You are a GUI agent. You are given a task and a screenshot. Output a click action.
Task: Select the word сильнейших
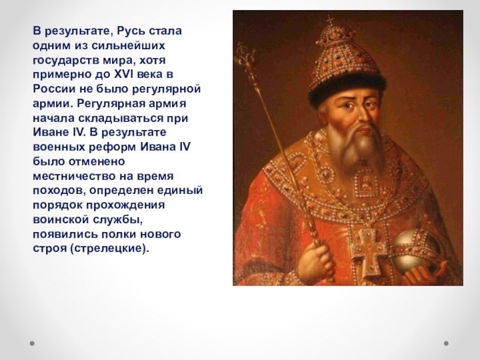point(130,46)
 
